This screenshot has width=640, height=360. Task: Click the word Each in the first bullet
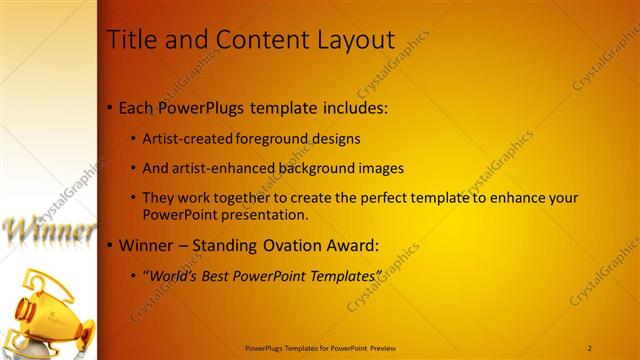[137, 107]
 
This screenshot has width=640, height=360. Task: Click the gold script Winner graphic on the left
[49, 229]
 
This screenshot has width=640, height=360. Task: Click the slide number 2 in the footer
[590, 347]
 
